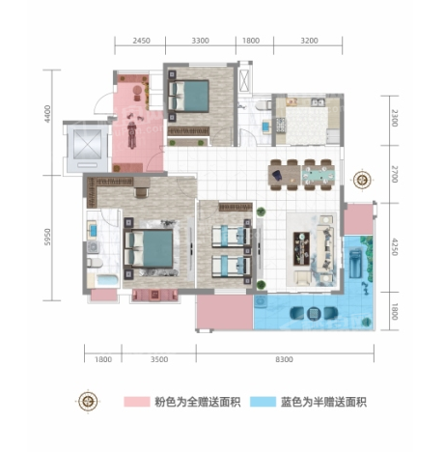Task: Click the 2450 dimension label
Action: click(141, 41)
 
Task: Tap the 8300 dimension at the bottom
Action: click(284, 359)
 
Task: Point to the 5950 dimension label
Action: click(47, 237)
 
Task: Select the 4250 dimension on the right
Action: click(395, 247)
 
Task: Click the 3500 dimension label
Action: click(159, 359)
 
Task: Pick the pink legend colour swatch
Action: click(137, 402)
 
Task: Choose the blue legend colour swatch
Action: click(264, 402)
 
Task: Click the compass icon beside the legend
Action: click(88, 402)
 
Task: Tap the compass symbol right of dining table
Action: click(362, 180)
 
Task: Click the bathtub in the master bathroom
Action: click(107, 280)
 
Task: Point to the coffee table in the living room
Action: click(301, 248)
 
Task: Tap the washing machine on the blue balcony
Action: click(261, 302)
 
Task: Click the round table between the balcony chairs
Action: click(314, 313)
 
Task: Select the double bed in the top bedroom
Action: click(189, 96)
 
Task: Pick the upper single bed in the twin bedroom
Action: click(231, 237)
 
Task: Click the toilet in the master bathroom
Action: click(95, 263)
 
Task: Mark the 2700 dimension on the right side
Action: click(395, 174)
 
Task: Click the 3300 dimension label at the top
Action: click(200, 41)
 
